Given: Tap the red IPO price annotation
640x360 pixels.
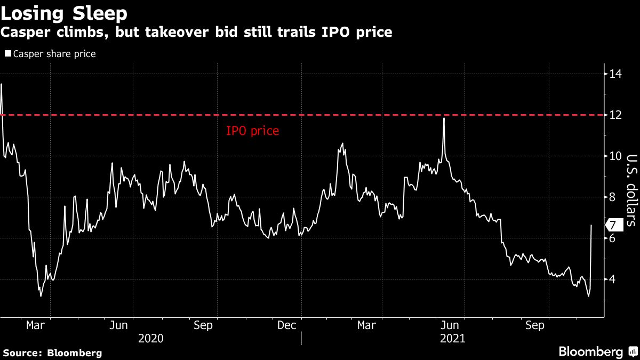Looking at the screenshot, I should (252, 131).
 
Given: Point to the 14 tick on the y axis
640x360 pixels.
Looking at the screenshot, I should (615, 74).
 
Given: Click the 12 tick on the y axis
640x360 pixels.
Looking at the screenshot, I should (615, 115).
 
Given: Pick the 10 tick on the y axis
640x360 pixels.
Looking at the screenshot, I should (615, 156).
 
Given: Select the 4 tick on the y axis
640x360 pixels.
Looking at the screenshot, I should (613, 279).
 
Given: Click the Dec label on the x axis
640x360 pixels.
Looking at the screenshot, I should (287, 325).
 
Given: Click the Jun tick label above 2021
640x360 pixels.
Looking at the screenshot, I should (452, 325).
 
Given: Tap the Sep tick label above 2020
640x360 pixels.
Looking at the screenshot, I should (203, 325).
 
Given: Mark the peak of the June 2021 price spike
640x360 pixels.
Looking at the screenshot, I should (444, 118).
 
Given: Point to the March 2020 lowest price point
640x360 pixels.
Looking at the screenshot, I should (41, 296).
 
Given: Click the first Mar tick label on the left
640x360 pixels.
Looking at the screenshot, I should (35, 325).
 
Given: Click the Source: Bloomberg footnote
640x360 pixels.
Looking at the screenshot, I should (52, 353).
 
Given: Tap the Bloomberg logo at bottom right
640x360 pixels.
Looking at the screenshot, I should (597, 351).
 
